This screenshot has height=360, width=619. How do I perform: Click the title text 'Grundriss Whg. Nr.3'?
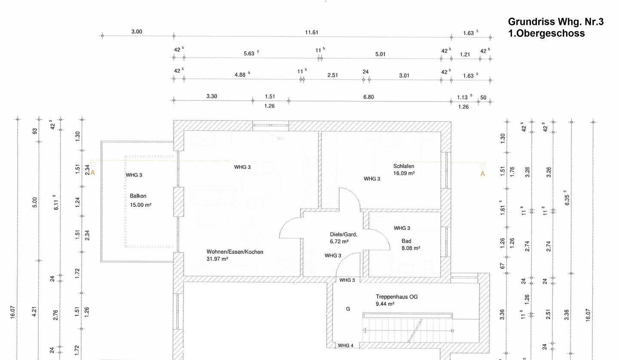555,22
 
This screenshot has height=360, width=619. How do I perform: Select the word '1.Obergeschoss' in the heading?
546,34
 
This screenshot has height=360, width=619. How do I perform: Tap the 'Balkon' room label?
138,196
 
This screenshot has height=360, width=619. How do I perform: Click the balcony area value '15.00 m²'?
141,205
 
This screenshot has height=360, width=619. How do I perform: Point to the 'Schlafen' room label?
404,166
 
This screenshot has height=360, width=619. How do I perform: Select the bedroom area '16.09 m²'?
404,173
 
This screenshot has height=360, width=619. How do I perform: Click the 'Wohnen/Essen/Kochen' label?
235,252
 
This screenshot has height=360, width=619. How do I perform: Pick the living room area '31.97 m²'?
217,259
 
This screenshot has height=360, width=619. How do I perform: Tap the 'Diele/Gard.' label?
343,234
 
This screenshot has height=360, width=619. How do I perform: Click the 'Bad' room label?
406,241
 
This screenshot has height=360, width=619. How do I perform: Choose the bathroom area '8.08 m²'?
411,248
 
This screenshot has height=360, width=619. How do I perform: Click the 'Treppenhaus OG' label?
396,297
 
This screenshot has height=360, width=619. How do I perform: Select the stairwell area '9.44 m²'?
385,304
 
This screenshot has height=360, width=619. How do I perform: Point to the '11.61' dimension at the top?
312,32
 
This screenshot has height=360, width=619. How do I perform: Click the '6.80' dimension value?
368,97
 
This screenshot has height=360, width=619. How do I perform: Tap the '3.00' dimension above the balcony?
137,32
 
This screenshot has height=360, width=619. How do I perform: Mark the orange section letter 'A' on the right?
482,174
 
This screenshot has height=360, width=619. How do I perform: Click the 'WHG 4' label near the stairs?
346,345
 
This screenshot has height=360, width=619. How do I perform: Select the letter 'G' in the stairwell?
348,309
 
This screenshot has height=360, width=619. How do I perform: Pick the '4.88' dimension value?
240,74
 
